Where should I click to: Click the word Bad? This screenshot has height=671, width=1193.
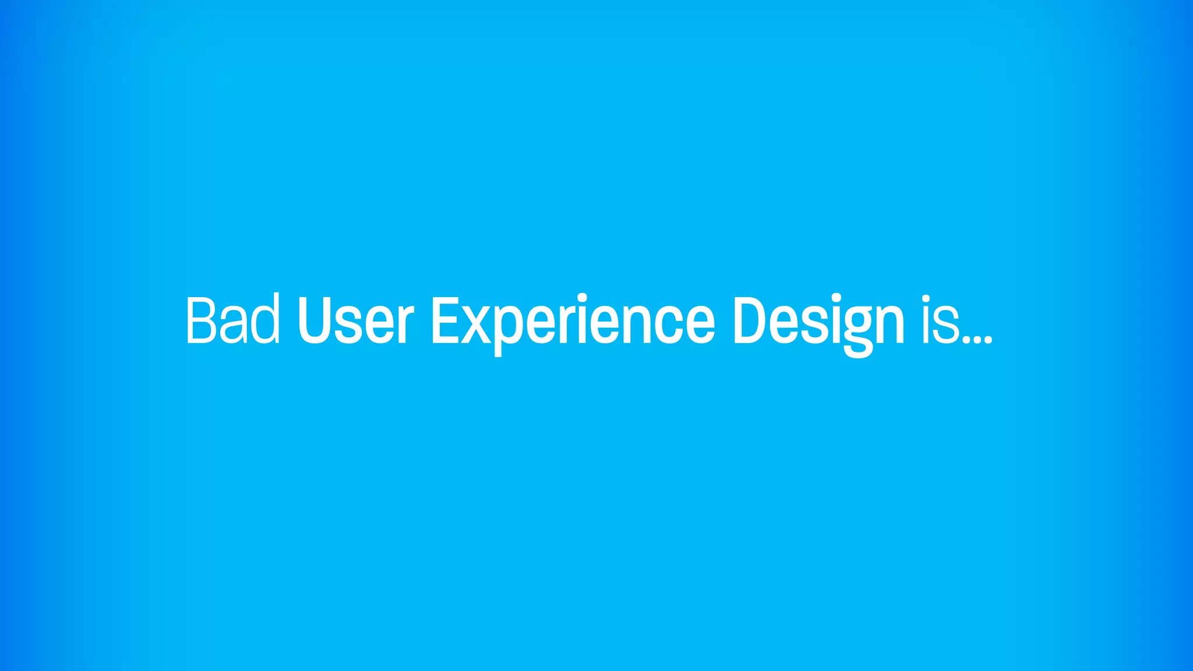point(232,320)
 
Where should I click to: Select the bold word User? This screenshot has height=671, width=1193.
point(355,320)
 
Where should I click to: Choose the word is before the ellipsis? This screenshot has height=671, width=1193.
point(940,320)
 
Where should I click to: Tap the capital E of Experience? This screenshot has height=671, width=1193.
point(444,320)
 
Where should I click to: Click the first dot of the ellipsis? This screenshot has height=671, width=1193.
point(968,338)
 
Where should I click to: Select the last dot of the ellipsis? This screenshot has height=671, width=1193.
point(987,338)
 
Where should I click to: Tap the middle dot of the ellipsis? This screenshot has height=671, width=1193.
point(977,338)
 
